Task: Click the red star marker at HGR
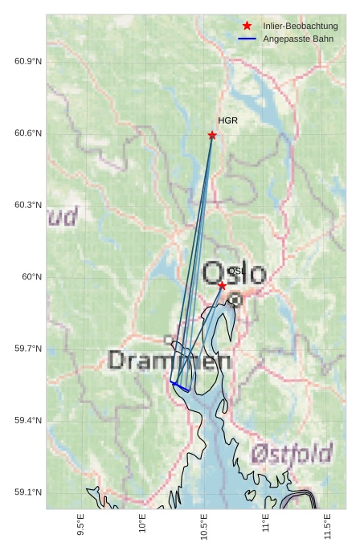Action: pyautogui.click(x=212, y=135)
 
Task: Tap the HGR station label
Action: pyautogui.click(x=227, y=120)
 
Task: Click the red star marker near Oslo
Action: pyautogui.click(x=222, y=285)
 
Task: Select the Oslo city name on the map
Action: pyautogui.click(x=234, y=273)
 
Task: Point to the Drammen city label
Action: pyautogui.click(x=170, y=360)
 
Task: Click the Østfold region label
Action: pyautogui.click(x=291, y=455)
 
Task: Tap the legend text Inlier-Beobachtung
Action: pyautogui.click(x=300, y=26)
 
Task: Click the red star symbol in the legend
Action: pyautogui.click(x=247, y=26)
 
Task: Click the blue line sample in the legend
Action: pyautogui.click(x=247, y=39)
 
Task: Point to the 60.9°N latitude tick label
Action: pyautogui.click(x=28, y=62)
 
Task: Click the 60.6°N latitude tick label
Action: pyautogui.click(x=28, y=133)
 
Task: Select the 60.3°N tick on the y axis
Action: pyautogui.click(x=28, y=205)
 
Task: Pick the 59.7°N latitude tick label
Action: pyautogui.click(x=28, y=349)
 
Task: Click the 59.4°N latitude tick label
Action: pyautogui.click(x=28, y=420)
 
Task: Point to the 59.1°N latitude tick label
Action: pyautogui.click(x=28, y=492)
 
